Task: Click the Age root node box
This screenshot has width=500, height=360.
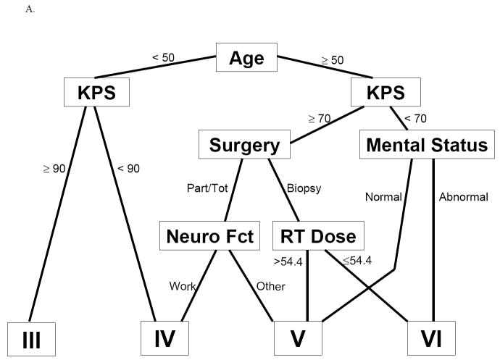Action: coord(246,58)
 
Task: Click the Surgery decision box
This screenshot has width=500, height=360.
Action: coord(244,145)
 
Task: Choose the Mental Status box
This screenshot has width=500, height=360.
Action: coord(427,145)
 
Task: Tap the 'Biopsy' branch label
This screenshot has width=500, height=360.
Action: coord(304,188)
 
